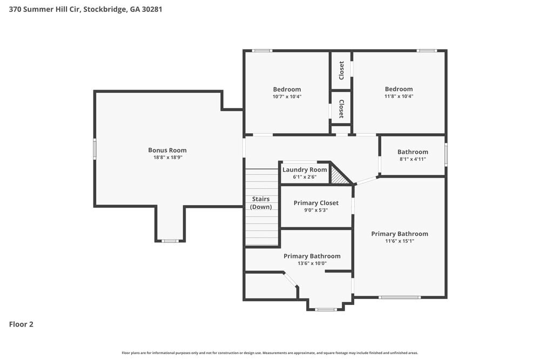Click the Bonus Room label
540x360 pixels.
coord(167,150)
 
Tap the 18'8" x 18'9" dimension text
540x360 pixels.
coord(167,158)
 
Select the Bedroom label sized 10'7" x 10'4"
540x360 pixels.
coord(287,89)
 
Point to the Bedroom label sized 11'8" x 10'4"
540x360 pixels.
coord(399,89)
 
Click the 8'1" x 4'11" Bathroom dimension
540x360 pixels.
coord(413,159)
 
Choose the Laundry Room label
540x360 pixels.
coord(305,169)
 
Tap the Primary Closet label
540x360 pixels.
coord(316,203)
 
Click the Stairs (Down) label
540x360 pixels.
coord(261,203)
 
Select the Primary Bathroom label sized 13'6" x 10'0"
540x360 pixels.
coord(312,256)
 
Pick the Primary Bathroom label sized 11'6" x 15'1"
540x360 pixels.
coord(400,234)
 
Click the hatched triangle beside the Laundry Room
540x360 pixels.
coord(339,176)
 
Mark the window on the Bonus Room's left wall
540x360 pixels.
coord(95,148)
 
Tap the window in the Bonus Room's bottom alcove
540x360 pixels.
coord(170,241)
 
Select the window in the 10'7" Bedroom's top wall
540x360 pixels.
coord(262,51)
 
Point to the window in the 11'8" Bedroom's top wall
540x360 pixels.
coord(426,51)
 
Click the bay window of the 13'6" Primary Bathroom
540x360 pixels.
coord(326,309)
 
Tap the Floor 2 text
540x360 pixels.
coord(22,324)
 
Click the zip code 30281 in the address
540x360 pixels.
coord(152,9)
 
